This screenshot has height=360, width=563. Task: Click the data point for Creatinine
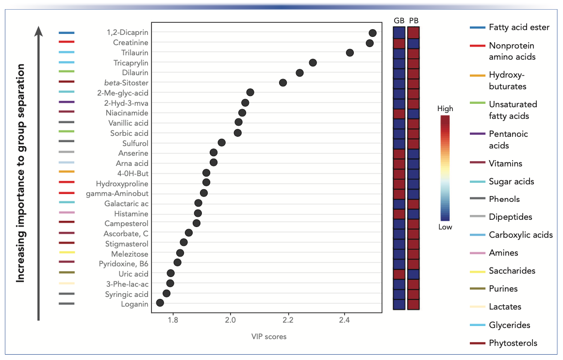pyautogui.click(x=370, y=43)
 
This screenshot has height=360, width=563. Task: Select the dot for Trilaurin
pyautogui.click(x=350, y=53)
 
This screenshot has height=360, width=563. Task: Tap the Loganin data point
pyautogui.click(x=160, y=303)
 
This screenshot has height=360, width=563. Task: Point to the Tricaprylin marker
pyautogui.click(x=313, y=63)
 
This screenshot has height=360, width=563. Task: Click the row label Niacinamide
pyautogui.click(x=129, y=113)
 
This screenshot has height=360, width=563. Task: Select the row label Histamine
pyautogui.click(x=131, y=214)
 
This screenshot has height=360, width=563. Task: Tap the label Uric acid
pyautogui.click(x=133, y=274)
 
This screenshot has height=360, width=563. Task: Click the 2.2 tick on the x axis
pyautogui.click(x=287, y=320)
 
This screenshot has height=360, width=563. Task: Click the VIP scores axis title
pyautogui.click(x=268, y=337)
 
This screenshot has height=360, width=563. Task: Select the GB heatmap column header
pyautogui.click(x=398, y=20)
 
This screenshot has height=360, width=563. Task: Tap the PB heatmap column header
pyautogui.click(x=414, y=20)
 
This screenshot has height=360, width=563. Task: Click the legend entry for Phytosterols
pyautogui.click(x=513, y=343)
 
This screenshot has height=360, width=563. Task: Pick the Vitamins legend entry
pyautogui.click(x=506, y=164)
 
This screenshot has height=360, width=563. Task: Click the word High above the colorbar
pyautogui.click(x=445, y=109)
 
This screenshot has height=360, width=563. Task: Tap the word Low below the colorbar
pyautogui.click(x=445, y=227)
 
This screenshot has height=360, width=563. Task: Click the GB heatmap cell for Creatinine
pyautogui.click(x=399, y=43)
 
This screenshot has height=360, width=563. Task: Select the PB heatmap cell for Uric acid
pyautogui.click(x=414, y=274)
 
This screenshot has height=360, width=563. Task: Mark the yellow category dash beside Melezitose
pyautogui.click(x=66, y=252)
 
